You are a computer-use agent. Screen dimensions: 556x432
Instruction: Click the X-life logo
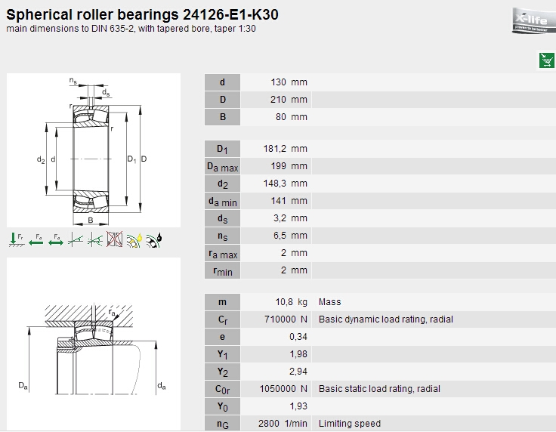tap(533, 20)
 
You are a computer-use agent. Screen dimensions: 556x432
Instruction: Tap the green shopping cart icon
tap(546, 60)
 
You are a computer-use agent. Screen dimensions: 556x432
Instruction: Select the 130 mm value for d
tap(289, 82)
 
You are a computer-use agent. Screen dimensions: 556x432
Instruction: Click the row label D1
tap(222, 149)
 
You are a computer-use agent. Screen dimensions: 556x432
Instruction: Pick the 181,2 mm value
tap(285, 149)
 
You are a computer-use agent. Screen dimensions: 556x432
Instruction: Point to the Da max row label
tap(222, 167)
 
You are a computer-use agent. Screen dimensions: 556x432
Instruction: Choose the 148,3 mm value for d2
tap(285, 184)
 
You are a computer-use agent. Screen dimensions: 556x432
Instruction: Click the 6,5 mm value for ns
tap(290, 236)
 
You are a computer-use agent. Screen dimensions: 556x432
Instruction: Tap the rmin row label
tap(223, 271)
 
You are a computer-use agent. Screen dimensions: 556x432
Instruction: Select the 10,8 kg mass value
tap(291, 302)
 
